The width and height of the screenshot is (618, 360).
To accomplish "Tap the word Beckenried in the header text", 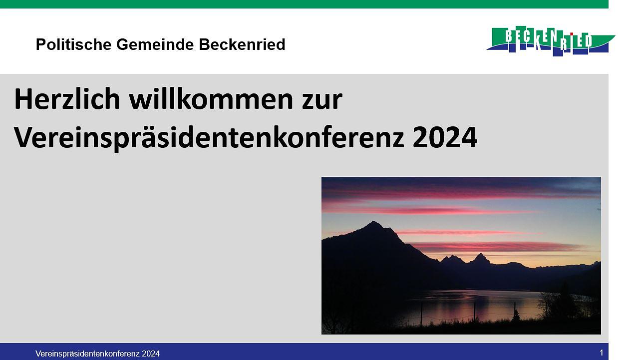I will tap(242, 45).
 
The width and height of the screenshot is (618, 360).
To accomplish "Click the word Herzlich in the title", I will tap(67, 99).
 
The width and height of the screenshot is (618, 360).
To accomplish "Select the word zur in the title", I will tap(321, 99).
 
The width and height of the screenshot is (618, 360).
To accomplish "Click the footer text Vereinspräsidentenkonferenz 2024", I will tap(97, 354).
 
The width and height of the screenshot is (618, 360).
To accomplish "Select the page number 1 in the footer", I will tap(602, 353).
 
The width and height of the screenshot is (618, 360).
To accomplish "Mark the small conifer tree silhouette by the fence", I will tap(516, 315).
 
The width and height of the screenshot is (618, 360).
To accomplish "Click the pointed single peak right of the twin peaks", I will tap(480, 256).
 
